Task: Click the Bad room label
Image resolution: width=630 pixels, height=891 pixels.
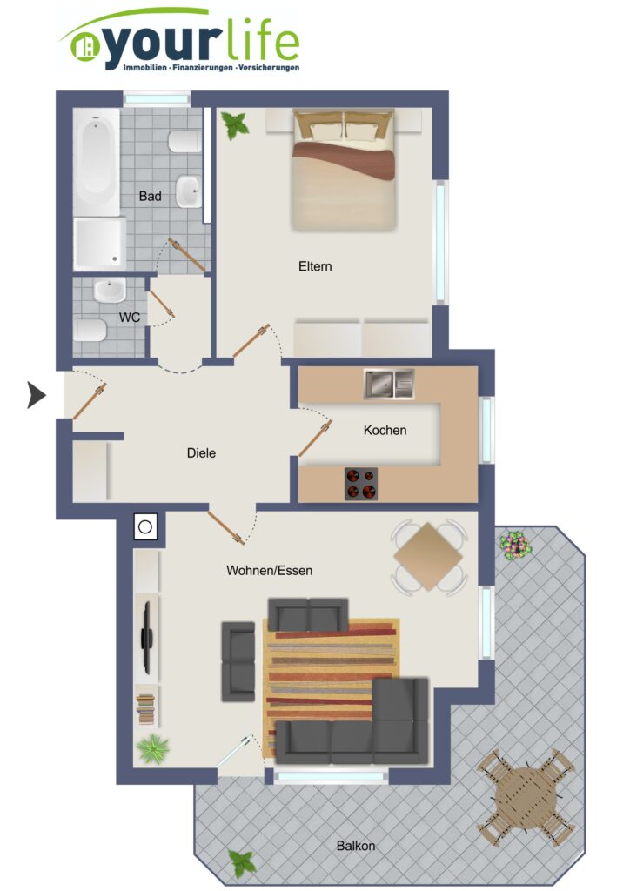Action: [x=150, y=196]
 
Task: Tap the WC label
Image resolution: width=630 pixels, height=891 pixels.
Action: [x=130, y=317]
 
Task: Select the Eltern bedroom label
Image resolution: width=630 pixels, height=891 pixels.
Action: [x=315, y=266]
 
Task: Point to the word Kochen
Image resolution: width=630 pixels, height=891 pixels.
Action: [x=385, y=430]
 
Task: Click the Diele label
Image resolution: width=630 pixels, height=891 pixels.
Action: [x=201, y=452]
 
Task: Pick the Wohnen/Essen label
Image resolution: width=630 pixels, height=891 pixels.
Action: [x=269, y=571]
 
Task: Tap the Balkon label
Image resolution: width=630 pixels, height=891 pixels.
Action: [x=356, y=846]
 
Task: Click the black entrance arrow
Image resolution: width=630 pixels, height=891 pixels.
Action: [x=37, y=395]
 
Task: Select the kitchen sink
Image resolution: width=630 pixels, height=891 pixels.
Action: [x=389, y=384]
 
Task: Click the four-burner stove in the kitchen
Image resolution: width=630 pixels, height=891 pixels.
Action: [x=361, y=484]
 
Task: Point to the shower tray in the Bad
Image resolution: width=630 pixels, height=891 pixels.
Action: [x=99, y=244]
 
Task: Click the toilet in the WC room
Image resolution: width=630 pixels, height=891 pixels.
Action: [x=90, y=330]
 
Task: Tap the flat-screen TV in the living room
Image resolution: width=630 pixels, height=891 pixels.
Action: [x=147, y=638]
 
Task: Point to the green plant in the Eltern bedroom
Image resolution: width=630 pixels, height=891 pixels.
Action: [x=235, y=124]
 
